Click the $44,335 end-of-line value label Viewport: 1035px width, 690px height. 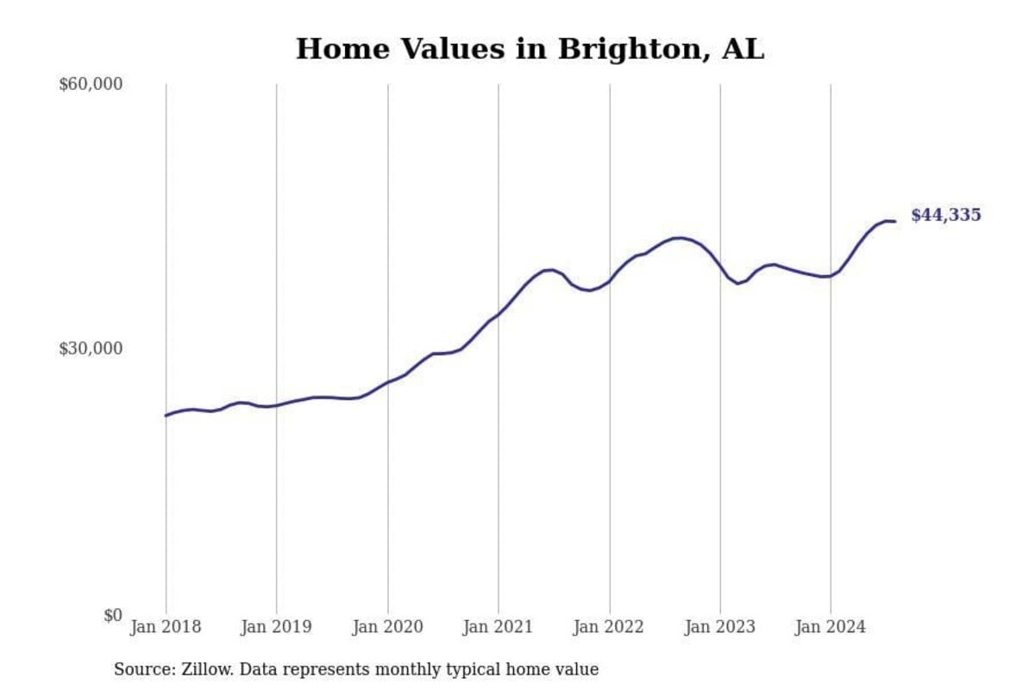945,216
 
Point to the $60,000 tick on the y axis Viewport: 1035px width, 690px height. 91,85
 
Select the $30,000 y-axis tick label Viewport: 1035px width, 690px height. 91,348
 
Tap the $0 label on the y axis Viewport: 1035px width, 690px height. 113,615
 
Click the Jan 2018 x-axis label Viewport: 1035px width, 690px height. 166,627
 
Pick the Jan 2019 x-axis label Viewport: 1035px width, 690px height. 276,627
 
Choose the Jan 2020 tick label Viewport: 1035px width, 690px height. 387,627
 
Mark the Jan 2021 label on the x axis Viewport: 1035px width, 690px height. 498,627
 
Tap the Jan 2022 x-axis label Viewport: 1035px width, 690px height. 609,627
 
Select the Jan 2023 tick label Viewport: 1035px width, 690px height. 719,627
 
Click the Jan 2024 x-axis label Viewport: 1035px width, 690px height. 831,627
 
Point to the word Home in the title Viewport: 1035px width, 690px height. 337,49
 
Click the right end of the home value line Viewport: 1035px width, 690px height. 894,222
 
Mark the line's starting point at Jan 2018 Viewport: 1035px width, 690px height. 166,416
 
